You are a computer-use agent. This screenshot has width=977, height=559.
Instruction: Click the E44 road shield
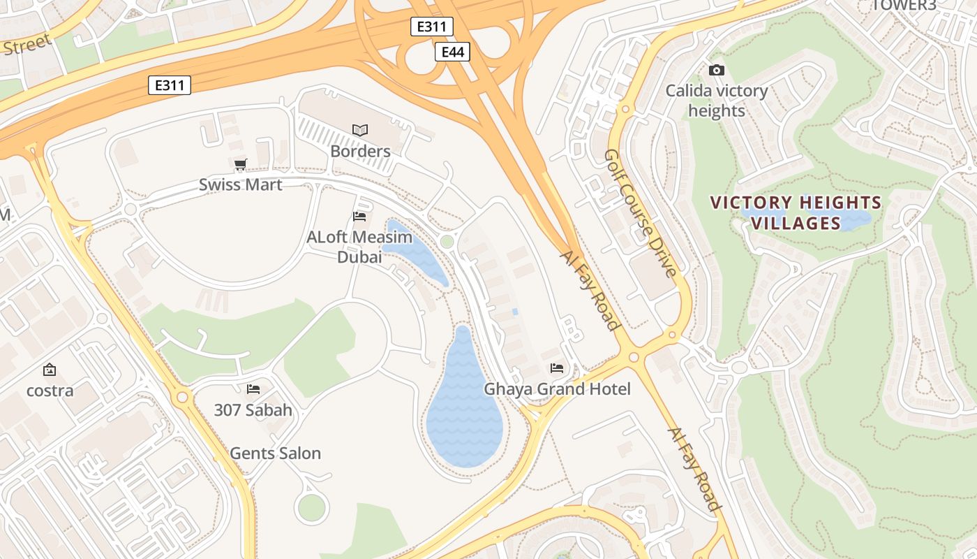452,52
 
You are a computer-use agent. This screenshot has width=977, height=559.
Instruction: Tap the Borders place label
360,151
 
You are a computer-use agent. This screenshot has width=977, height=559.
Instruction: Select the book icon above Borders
360,130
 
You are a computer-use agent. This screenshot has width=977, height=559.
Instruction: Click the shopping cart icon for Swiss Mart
241,165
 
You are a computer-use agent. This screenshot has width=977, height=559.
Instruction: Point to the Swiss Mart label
241,184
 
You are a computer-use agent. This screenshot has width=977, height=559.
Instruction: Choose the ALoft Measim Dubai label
359,247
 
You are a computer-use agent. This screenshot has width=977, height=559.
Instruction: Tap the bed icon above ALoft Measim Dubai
359,217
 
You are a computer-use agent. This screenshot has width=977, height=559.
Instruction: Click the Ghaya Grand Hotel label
557,389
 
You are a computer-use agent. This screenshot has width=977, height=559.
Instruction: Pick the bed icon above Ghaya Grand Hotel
557,368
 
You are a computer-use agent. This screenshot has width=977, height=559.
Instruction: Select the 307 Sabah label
253,410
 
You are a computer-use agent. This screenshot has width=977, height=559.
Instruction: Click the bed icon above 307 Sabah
253,389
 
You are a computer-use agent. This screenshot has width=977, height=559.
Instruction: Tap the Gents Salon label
276,453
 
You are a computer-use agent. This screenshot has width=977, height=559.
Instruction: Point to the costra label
50,391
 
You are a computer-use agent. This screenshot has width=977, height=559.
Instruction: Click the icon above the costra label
50,370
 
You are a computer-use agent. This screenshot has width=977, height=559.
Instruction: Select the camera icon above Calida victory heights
716,70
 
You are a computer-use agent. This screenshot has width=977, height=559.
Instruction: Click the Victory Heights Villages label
796,213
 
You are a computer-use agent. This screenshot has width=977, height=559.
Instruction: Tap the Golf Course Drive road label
641,212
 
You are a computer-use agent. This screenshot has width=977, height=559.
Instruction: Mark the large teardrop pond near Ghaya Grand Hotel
463,412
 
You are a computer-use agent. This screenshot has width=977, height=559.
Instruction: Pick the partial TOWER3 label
903,6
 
